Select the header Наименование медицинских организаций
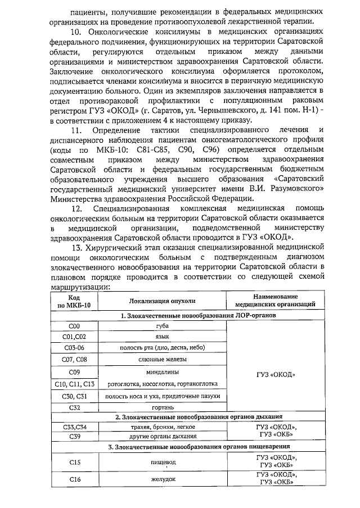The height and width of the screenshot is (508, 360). (274, 301)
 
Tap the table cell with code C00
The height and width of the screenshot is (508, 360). (74, 326)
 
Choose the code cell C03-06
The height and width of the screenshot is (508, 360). (74, 347)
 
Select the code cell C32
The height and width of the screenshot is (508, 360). (74, 407)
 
